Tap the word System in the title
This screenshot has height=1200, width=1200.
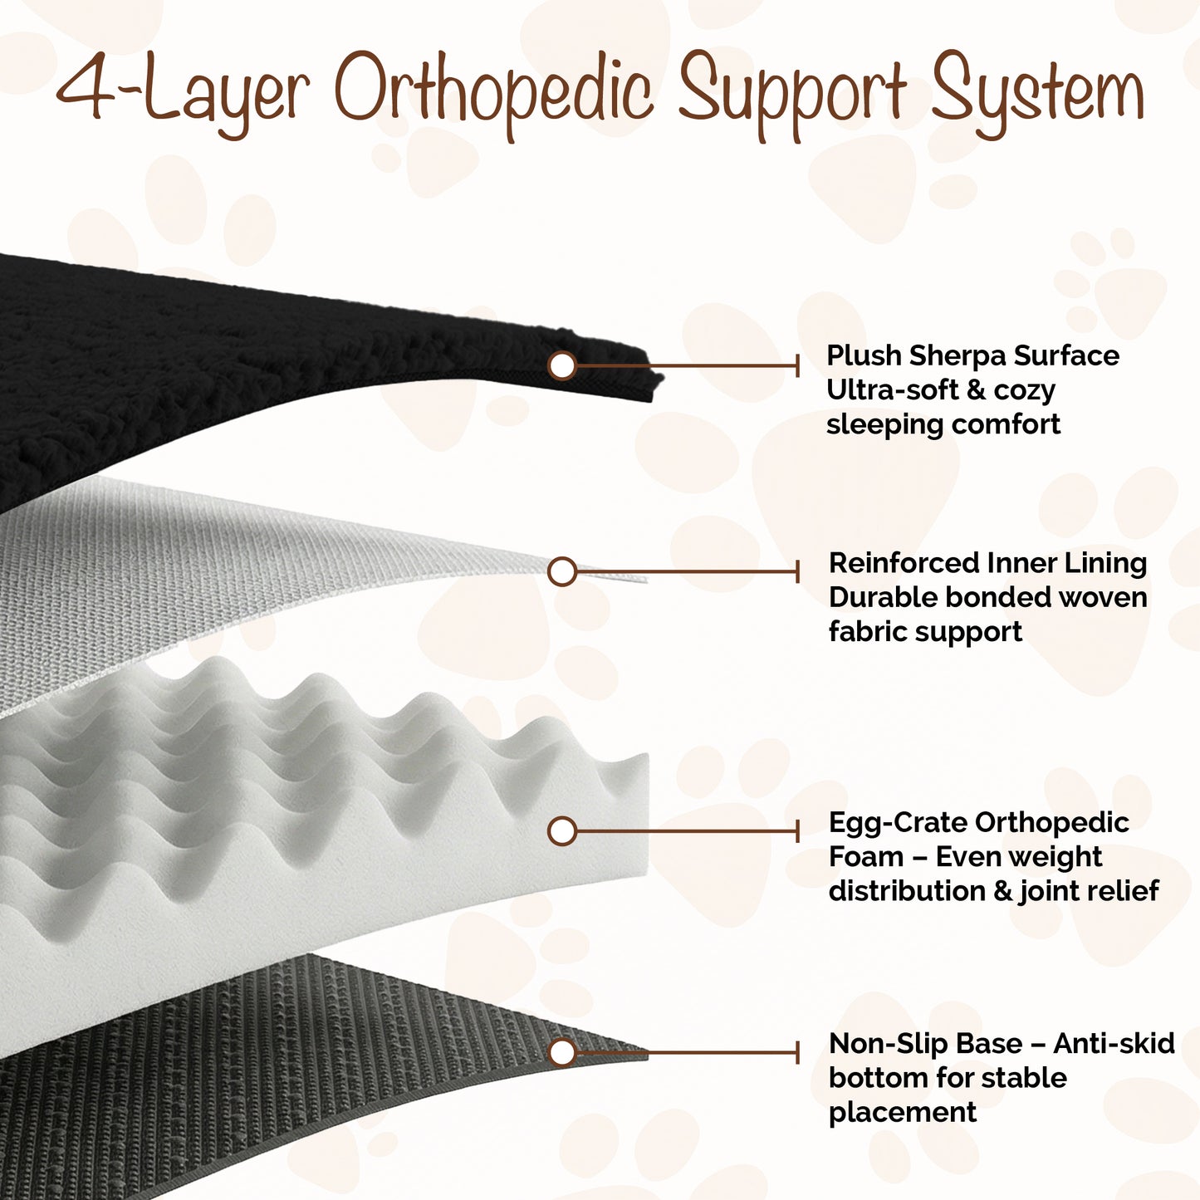click(x=1036, y=95)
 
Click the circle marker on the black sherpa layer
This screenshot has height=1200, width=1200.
click(x=561, y=365)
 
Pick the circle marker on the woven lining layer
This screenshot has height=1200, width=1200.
click(x=561, y=571)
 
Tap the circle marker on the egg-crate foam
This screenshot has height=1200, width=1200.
click(x=561, y=830)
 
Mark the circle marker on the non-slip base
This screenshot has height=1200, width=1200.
click(x=561, y=1052)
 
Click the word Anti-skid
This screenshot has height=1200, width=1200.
click(x=1114, y=1044)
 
